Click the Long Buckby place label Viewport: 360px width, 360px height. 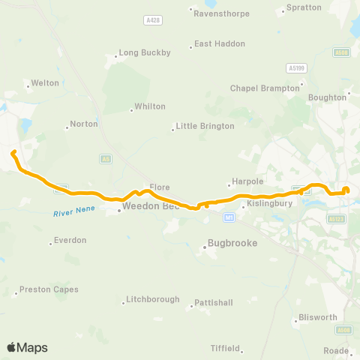[x=145, y=52]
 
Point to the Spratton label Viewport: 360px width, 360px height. [x=303, y=8]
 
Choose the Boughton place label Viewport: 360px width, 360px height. [x=327, y=97]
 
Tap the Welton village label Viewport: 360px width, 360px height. [x=44, y=83]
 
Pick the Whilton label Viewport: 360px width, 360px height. [x=149, y=106]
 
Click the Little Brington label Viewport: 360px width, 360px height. [x=205, y=126]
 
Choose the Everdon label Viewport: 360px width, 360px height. [x=70, y=240]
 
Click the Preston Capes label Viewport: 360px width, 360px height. [x=49, y=289]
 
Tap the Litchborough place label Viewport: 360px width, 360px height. [x=152, y=299]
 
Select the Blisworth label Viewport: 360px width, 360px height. [x=318, y=317]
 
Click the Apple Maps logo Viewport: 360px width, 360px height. [x=27, y=347]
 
